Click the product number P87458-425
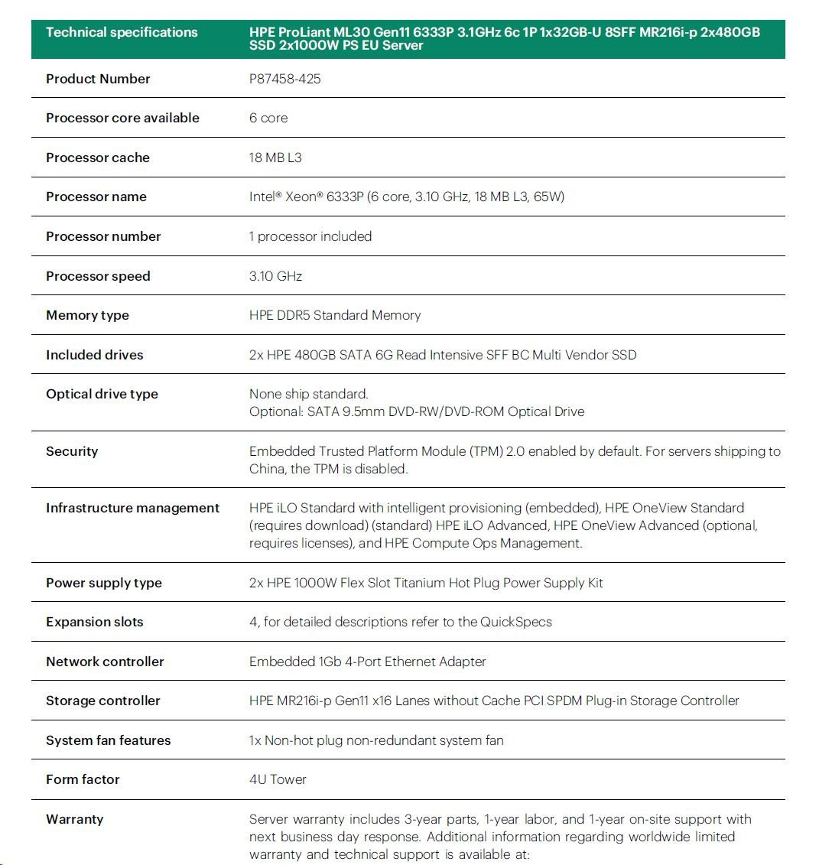coord(284,79)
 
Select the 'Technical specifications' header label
coord(122,32)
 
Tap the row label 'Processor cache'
coord(98,158)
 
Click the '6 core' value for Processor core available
coord(268,118)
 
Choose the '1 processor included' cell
coord(310,236)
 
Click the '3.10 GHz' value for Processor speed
coord(275,276)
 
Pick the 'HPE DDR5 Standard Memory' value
coord(335,315)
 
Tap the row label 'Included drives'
coord(95,355)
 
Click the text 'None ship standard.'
coord(309,394)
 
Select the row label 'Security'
coord(72,451)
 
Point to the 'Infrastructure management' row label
coord(132,508)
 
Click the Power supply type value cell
coord(426,583)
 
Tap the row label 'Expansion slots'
coord(95,622)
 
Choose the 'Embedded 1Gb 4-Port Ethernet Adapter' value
coord(368,662)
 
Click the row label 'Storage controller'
coord(103,701)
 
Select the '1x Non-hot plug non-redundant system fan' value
coord(376,740)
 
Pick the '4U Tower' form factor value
coord(278,779)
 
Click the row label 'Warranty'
coord(74,819)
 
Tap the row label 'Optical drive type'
coord(102,394)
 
